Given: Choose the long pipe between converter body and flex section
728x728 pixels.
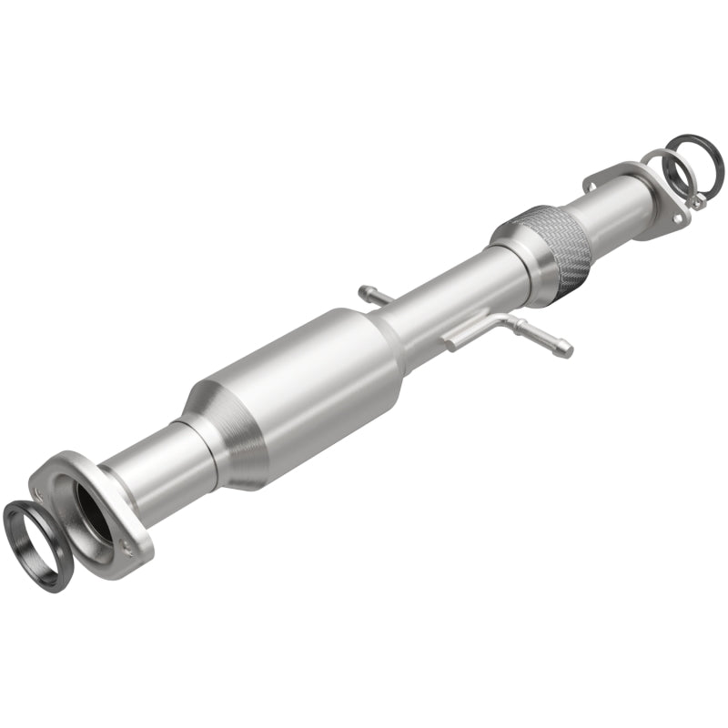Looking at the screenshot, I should (x=446, y=300).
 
